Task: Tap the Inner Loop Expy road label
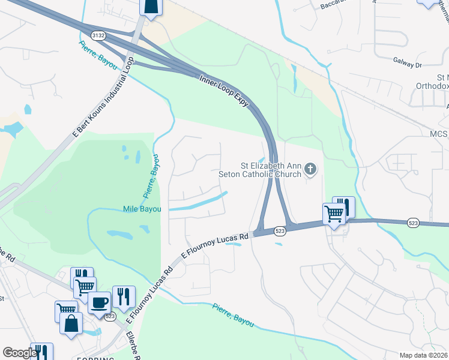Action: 224,91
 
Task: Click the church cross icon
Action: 310,169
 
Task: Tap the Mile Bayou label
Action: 142,209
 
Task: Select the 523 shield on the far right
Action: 413,222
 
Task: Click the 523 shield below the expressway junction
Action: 279,230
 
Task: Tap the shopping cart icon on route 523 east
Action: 334,212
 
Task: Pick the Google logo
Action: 19,353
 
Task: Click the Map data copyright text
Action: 423,355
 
